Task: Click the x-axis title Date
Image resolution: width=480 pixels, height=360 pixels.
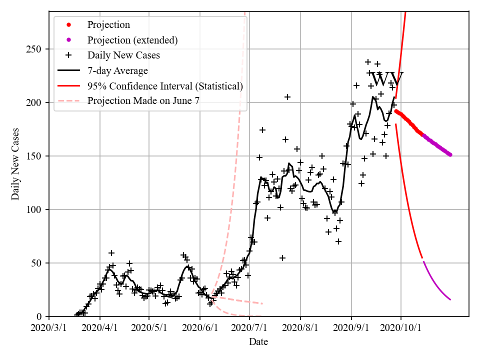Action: tap(258, 342)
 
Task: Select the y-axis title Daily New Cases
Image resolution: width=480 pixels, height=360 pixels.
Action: tap(15, 164)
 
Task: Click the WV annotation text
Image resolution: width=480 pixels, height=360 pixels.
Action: tap(386, 79)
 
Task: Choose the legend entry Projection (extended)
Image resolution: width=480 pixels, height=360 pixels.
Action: tap(132, 40)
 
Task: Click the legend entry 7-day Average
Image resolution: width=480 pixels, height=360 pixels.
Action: tap(117, 70)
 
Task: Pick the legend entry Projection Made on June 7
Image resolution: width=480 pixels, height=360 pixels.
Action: tap(143, 101)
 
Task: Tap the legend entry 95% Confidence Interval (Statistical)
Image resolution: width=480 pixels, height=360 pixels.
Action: tap(165, 86)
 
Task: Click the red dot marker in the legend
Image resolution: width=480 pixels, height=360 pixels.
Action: tap(69, 25)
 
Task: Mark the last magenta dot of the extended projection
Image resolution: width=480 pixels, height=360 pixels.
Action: tap(450, 154)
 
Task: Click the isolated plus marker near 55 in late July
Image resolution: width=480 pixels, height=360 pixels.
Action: tap(282, 258)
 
